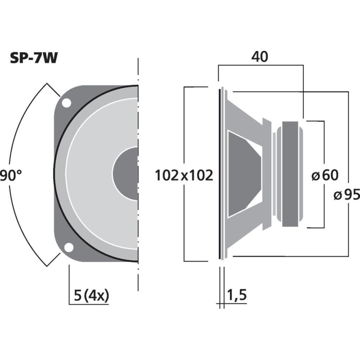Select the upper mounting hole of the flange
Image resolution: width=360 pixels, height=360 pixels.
coord(66,103)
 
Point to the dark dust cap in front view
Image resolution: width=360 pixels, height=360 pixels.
coord(126,173)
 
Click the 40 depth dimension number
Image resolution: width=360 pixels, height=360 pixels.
coord(260,57)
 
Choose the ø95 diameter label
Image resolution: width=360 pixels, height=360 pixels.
coord(346,195)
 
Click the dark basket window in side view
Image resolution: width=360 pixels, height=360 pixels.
coord(243,173)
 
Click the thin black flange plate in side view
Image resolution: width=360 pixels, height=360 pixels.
coord(220,173)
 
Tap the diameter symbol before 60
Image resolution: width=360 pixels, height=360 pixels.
coord(315,175)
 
